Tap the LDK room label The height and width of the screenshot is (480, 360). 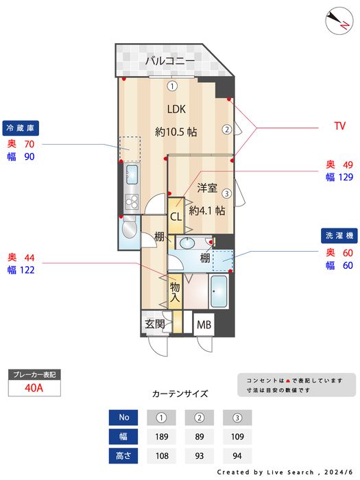tap(176, 109)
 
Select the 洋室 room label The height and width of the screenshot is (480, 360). tap(208, 187)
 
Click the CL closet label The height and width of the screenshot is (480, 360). tap(176, 217)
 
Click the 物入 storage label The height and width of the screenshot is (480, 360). tap(175, 292)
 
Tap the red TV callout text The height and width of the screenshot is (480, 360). tap(339, 126)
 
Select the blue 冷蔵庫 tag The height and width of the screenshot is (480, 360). tap(21, 128)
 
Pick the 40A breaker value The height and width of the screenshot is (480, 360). tap(34, 387)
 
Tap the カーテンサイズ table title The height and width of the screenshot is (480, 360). tap(180, 394)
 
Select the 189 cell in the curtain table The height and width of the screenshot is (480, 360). tap(162, 436)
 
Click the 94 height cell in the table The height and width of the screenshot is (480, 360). tap(237, 455)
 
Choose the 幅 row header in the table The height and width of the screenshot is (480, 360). tap(124, 436)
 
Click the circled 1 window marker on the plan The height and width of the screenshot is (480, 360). tap(173, 86)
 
